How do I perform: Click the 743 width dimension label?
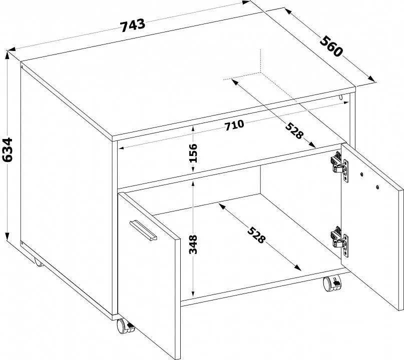pyautogui.click(x=133, y=25)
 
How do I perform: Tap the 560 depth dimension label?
pyautogui.click(x=331, y=46)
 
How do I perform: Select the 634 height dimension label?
pyautogui.click(x=7, y=150)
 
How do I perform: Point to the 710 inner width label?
pyautogui.click(x=234, y=125)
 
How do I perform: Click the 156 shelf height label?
pyautogui.click(x=193, y=153)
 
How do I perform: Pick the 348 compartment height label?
pyautogui.click(x=193, y=244)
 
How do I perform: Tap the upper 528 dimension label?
pyautogui.click(x=294, y=130)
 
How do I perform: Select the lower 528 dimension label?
pyautogui.click(x=256, y=234)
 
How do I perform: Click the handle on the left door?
pyautogui.click(x=143, y=230)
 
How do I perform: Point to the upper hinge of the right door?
pyautogui.click(x=339, y=166)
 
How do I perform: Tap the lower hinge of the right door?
pyautogui.click(x=339, y=241)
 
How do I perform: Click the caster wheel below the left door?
pyautogui.click(x=125, y=326)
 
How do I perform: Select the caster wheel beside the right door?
pyautogui.click(x=332, y=283)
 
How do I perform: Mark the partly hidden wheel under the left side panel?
pyautogui.click(x=38, y=262)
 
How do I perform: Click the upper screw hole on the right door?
pyautogui.click(x=362, y=174)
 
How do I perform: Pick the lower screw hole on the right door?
pyautogui.click(x=377, y=187)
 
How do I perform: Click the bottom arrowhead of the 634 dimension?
pyautogui.click(x=7, y=236)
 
